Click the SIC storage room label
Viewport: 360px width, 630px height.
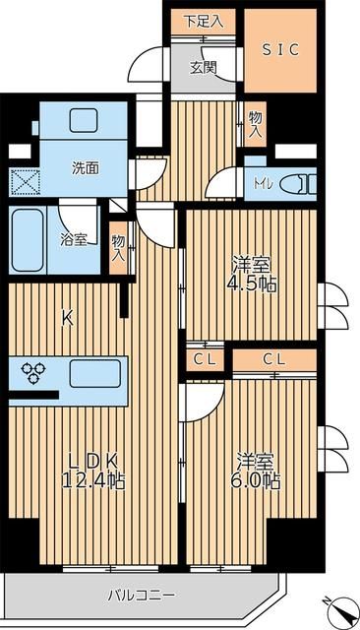pos(280,46)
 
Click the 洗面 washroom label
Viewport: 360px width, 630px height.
pos(85,167)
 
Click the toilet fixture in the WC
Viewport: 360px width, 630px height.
pos(295,183)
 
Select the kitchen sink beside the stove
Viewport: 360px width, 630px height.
pos(94,373)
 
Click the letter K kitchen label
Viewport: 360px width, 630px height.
pos(68,318)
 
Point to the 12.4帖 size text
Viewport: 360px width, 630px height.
pos(95,481)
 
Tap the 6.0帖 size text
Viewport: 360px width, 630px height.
pos(258,481)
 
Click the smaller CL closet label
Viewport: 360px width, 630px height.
pos(204,359)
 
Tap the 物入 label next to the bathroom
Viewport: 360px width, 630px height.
pos(118,247)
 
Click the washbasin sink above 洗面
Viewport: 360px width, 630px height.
pos(84,121)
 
